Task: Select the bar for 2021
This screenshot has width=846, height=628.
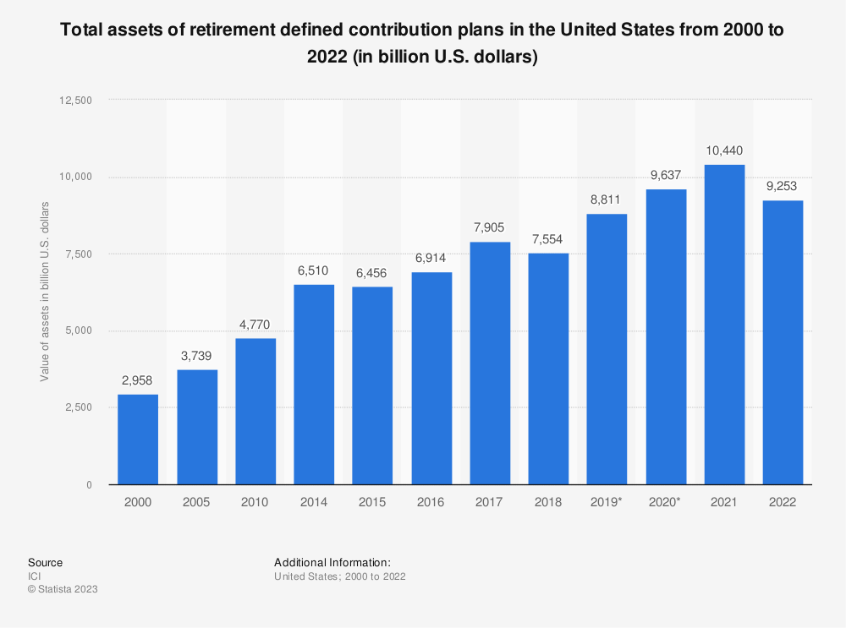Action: pos(724,325)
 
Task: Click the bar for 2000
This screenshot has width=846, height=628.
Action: pos(138,440)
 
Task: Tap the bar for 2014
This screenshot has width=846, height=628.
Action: pos(314,385)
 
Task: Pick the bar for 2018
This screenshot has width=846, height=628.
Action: pos(548,369)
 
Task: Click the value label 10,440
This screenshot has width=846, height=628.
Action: pos(724,151)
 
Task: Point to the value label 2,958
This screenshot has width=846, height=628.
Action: pos(138,381)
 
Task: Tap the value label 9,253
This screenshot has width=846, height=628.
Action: pos(783,187)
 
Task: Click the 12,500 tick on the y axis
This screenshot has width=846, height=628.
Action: pos(77,100)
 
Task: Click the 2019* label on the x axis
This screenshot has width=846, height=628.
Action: pos(607,502)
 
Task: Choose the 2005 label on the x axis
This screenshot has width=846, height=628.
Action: pos(196,502)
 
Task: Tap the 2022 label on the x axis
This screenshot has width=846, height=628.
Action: pos(783,502)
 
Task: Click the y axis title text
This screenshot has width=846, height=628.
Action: pos(45,292)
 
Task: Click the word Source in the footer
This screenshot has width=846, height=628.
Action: pos(45,562)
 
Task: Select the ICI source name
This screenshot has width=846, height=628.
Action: pos(34,576)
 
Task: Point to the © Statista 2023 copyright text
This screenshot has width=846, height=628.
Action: pos(63,590)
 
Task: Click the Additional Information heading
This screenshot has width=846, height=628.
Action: pos(332,562)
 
